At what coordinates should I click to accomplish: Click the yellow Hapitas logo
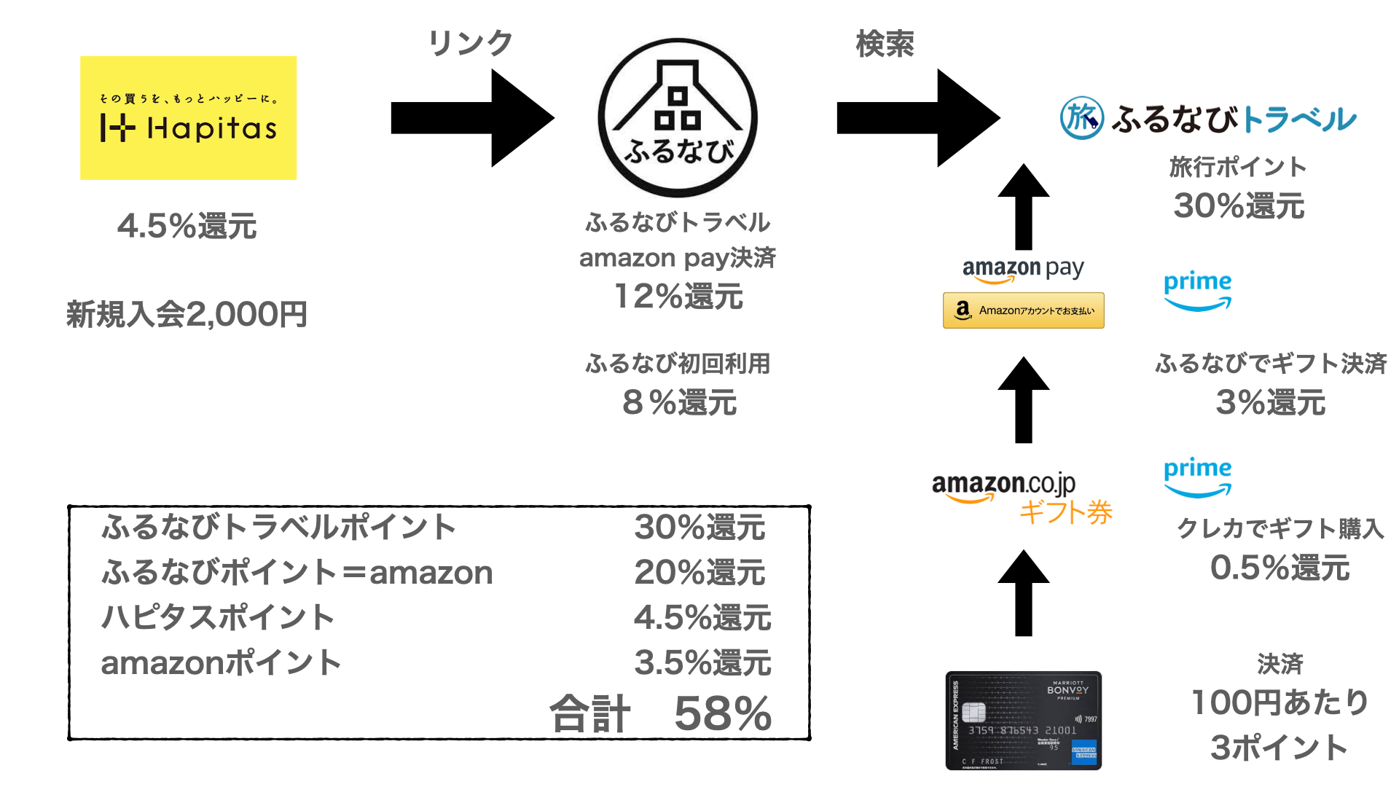click(x=188, y=118)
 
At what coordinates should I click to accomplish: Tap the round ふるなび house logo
click(x=678, y=118)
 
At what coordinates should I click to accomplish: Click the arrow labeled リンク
click(x=472, y=118)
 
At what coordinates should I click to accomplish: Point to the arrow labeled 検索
click(x=918, y=118)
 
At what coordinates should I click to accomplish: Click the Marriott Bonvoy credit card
click(x=1023, y=720)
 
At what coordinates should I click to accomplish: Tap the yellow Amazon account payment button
click(x=1023, y=310)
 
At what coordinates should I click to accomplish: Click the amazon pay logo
click(x=1023, y=270)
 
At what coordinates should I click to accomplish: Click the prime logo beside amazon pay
click(x=1197, y=290)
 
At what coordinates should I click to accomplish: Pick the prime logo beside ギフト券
click(x=1197, y=477)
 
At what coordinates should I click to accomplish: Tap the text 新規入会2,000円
click(x=187, y=314)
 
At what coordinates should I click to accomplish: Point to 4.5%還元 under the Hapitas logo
click(x=187, y=226)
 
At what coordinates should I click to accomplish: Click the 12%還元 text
click(x=678, y=297)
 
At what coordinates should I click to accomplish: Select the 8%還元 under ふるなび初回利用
click(x=679, y=402)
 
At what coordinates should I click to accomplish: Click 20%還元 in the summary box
click(x=699, y=572)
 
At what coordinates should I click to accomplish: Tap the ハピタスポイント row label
click(x=217, y=617)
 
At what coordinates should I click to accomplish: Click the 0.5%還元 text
click(x=1280, y=568)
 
